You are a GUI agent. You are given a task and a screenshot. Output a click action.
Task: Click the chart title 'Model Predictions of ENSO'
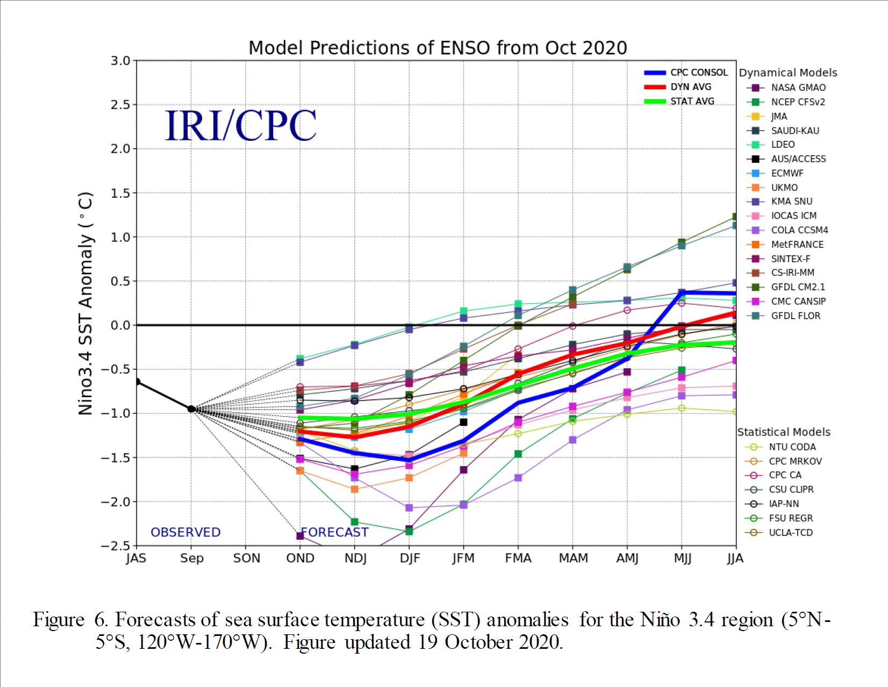(438, 48)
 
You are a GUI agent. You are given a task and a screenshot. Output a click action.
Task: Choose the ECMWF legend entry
(787, 173)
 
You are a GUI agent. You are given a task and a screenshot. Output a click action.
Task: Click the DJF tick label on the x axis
(410, 559)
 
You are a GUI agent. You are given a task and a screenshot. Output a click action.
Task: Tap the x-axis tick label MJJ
(682, 559)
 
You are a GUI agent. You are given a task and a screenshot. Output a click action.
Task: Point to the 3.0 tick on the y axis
(120, 61)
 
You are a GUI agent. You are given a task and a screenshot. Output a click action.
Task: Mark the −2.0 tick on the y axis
(116, 502)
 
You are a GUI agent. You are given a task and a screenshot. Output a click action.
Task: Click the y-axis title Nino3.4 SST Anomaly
(86, 304)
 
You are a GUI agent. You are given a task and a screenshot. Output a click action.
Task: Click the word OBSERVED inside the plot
(185, 532)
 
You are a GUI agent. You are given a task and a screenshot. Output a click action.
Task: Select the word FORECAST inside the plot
(334, 532)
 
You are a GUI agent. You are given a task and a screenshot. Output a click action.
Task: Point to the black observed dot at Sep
(191, 409)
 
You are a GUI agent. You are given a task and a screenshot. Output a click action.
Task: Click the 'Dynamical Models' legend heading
(788, 73)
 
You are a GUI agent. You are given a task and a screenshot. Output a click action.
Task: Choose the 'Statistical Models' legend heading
(784, 432)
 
